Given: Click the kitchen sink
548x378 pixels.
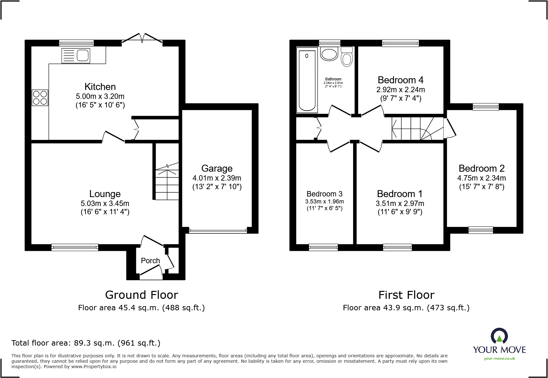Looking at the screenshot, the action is click(x=76, y=55).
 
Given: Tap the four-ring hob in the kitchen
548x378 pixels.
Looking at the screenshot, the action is click(x=40, y=98).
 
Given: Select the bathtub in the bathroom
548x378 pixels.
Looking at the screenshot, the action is click(x=307, y=80).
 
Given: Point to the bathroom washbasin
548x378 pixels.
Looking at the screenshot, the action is click(x=329, y=54).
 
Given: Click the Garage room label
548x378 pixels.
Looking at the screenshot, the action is click(x=217, y=168).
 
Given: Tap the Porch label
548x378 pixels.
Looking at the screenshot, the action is click(x=151, y=261).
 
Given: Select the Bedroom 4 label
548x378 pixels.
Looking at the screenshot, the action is click(x=401, y=80).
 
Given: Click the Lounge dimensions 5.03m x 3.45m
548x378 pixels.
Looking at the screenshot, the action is click(x=105, y=203).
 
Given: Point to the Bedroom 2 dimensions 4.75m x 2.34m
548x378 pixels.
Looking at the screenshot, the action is click(x=481, y=178).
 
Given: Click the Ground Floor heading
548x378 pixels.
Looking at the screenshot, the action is click(x=142, y=295).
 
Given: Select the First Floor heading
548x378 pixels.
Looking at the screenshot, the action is click(x=406, y=295).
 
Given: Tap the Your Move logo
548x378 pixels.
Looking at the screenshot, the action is click(x=499, y=344).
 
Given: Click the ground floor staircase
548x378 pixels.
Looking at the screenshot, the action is click(x=167, y=181).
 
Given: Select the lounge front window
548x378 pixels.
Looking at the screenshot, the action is click(x=75, y=247).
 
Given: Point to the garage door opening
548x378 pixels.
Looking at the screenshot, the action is click(x=218, y=230).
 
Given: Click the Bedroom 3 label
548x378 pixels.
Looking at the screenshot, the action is click(x=325, y=194).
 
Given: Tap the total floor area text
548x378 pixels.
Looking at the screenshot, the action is click(x=86, y=343).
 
